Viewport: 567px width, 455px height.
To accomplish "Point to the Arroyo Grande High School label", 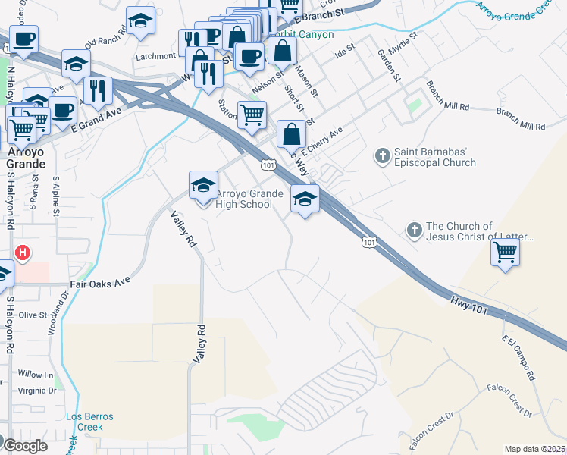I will click(x=244, y=199).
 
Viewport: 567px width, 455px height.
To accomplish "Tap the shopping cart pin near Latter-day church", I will click(x=505, y=253).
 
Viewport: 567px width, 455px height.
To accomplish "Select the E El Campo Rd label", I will click(x=517, y=359).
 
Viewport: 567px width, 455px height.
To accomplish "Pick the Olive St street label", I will click(x=33, y=315).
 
